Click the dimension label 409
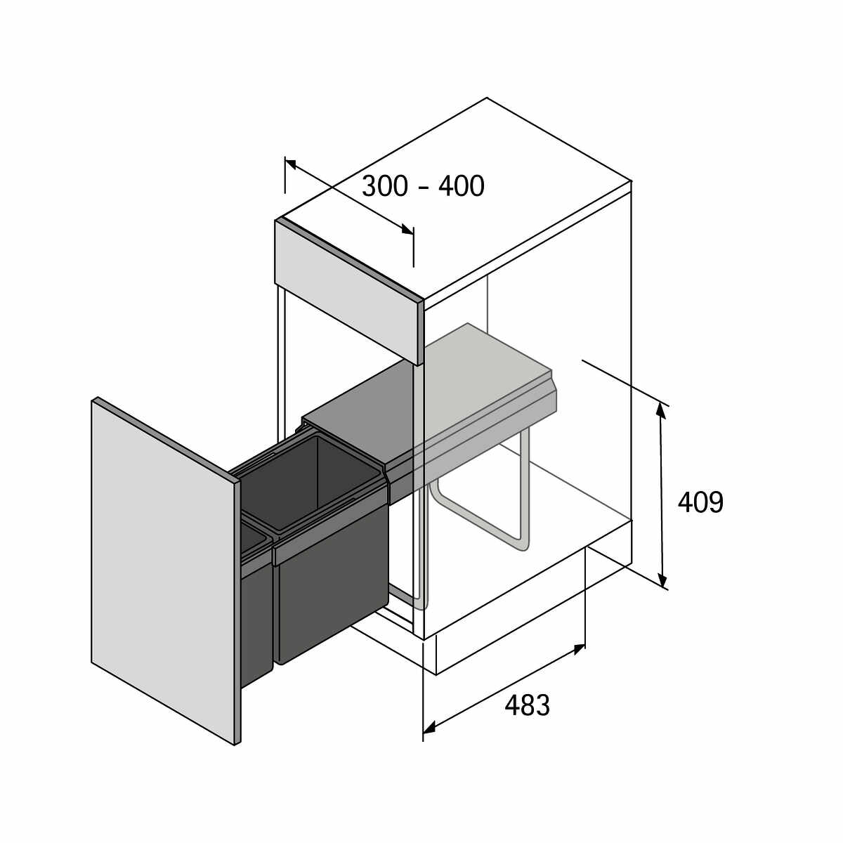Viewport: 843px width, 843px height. [700, 502]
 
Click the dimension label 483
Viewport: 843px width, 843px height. [527, 705]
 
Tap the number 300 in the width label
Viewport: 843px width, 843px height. [384, 186]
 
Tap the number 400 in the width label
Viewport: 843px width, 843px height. [462, 186]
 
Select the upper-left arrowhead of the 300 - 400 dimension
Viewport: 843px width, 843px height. [291, 164]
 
